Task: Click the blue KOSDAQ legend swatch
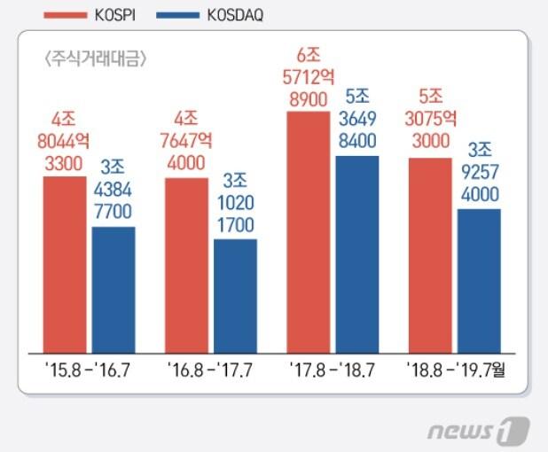pos(176,15)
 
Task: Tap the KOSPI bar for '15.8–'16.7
pos(65,263)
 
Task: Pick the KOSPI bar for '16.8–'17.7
pos(187,264)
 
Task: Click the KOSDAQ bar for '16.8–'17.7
pos(235,294)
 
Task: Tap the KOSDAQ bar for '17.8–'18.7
pos(356,253)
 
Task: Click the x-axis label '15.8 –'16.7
pos(89,367)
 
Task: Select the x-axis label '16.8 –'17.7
pos(211,367)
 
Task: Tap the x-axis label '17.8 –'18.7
pos(333,367)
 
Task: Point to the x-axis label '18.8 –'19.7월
pos(460,367)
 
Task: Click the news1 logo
pos(478,432)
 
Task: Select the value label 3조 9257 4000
pos(479,175)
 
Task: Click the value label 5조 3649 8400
pos(357,120)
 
